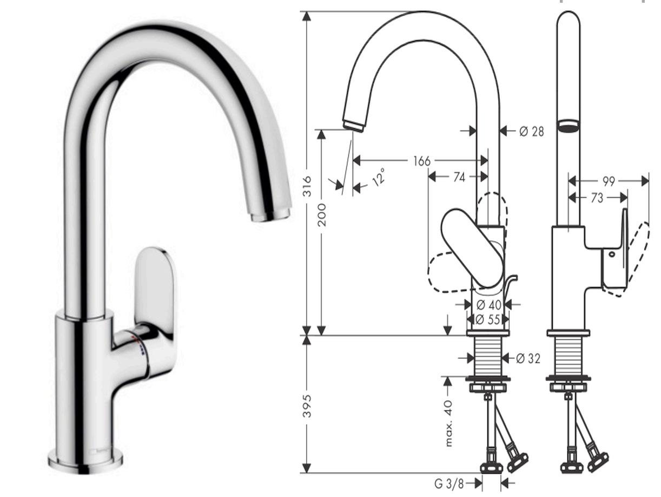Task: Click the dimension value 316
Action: pyautogui.click(x=307, y=185)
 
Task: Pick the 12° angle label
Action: pyautogui.click(x=379, y=176)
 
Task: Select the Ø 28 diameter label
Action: pyautogui.click(x=531, y=131)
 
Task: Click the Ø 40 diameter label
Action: pyautogui.click(x=488, y=305)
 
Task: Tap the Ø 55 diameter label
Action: pyautogui.click(x=488, y=319)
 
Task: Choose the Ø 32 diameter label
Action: pyautogui.click(x=528, y=358)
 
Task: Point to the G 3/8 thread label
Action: pyautogui.click(x=449, y=482)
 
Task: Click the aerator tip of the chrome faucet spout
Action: pyautogui.click(x=269, y=216)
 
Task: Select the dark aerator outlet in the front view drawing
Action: pyautogui.click(x=567, y=126)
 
